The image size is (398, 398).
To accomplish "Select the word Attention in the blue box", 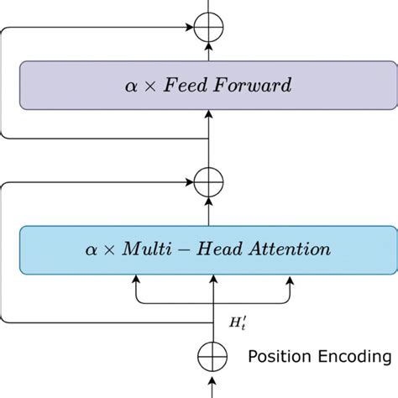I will click(x=291, y=249).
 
